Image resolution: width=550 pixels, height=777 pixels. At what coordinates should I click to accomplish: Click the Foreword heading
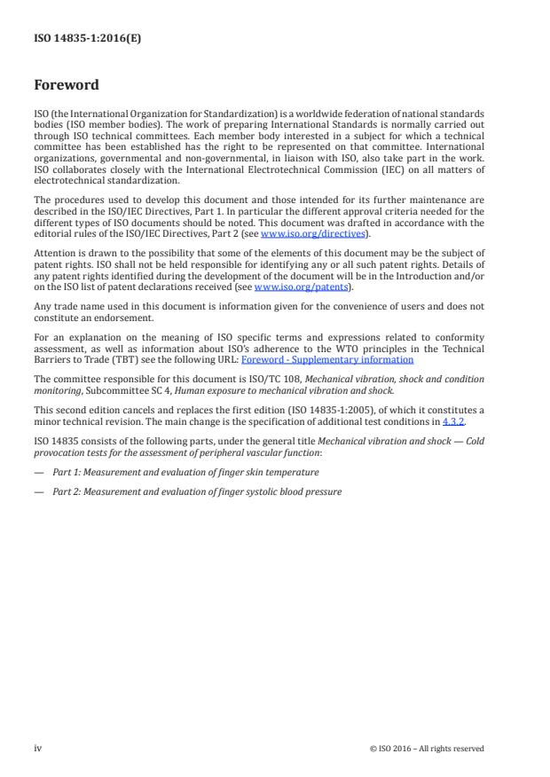click(x=66, y=86)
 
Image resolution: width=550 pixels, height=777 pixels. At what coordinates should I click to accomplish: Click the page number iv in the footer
click(x=37, y=748)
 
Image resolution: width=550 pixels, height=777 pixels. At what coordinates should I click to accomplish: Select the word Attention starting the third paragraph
click(x=53, y=252)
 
